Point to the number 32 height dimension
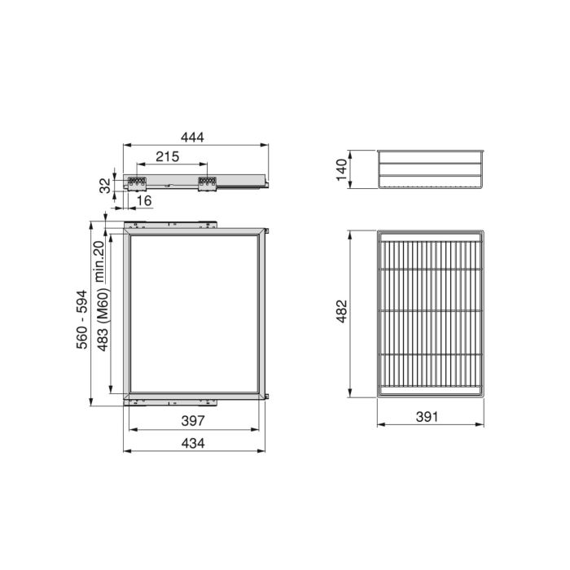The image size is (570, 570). [x=105, y=185]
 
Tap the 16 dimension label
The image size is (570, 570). [x=143, y=201]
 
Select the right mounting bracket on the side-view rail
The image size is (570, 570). [x=206, y=184]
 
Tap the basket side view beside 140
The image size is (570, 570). [x=432, y=169]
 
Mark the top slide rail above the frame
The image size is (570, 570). [x=171, y=222]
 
